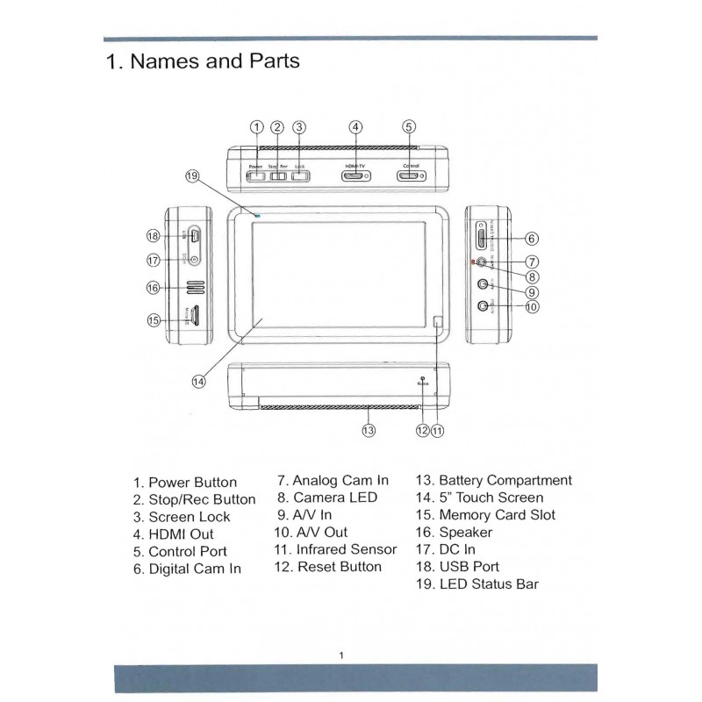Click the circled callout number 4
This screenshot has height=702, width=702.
pos(355,127)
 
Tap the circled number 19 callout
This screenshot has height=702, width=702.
pos(193,176)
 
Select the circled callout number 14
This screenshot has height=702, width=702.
pos(198,381)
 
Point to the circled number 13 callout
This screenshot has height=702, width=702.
pos(369,430)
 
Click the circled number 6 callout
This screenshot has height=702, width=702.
pos(532,239)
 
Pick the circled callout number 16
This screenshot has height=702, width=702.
pos(153,288)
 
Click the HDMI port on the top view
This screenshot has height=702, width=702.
pos(355,175)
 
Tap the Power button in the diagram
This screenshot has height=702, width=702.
pos(256,176)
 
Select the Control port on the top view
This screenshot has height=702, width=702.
pos(409,175)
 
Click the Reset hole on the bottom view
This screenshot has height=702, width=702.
pos(423,376)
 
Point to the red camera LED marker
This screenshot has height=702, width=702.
pos(473,262)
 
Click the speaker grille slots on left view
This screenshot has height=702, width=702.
pos(194,287)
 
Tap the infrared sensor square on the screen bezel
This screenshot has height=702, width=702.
pos(440,322)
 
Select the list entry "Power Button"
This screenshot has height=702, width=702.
pos(185,483)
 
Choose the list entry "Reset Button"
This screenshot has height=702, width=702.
pos(327,567)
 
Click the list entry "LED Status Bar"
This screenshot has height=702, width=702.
pos(477,584)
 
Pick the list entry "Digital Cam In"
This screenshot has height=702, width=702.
pos(187,569)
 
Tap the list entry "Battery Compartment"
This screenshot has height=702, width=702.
pos(493,481)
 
